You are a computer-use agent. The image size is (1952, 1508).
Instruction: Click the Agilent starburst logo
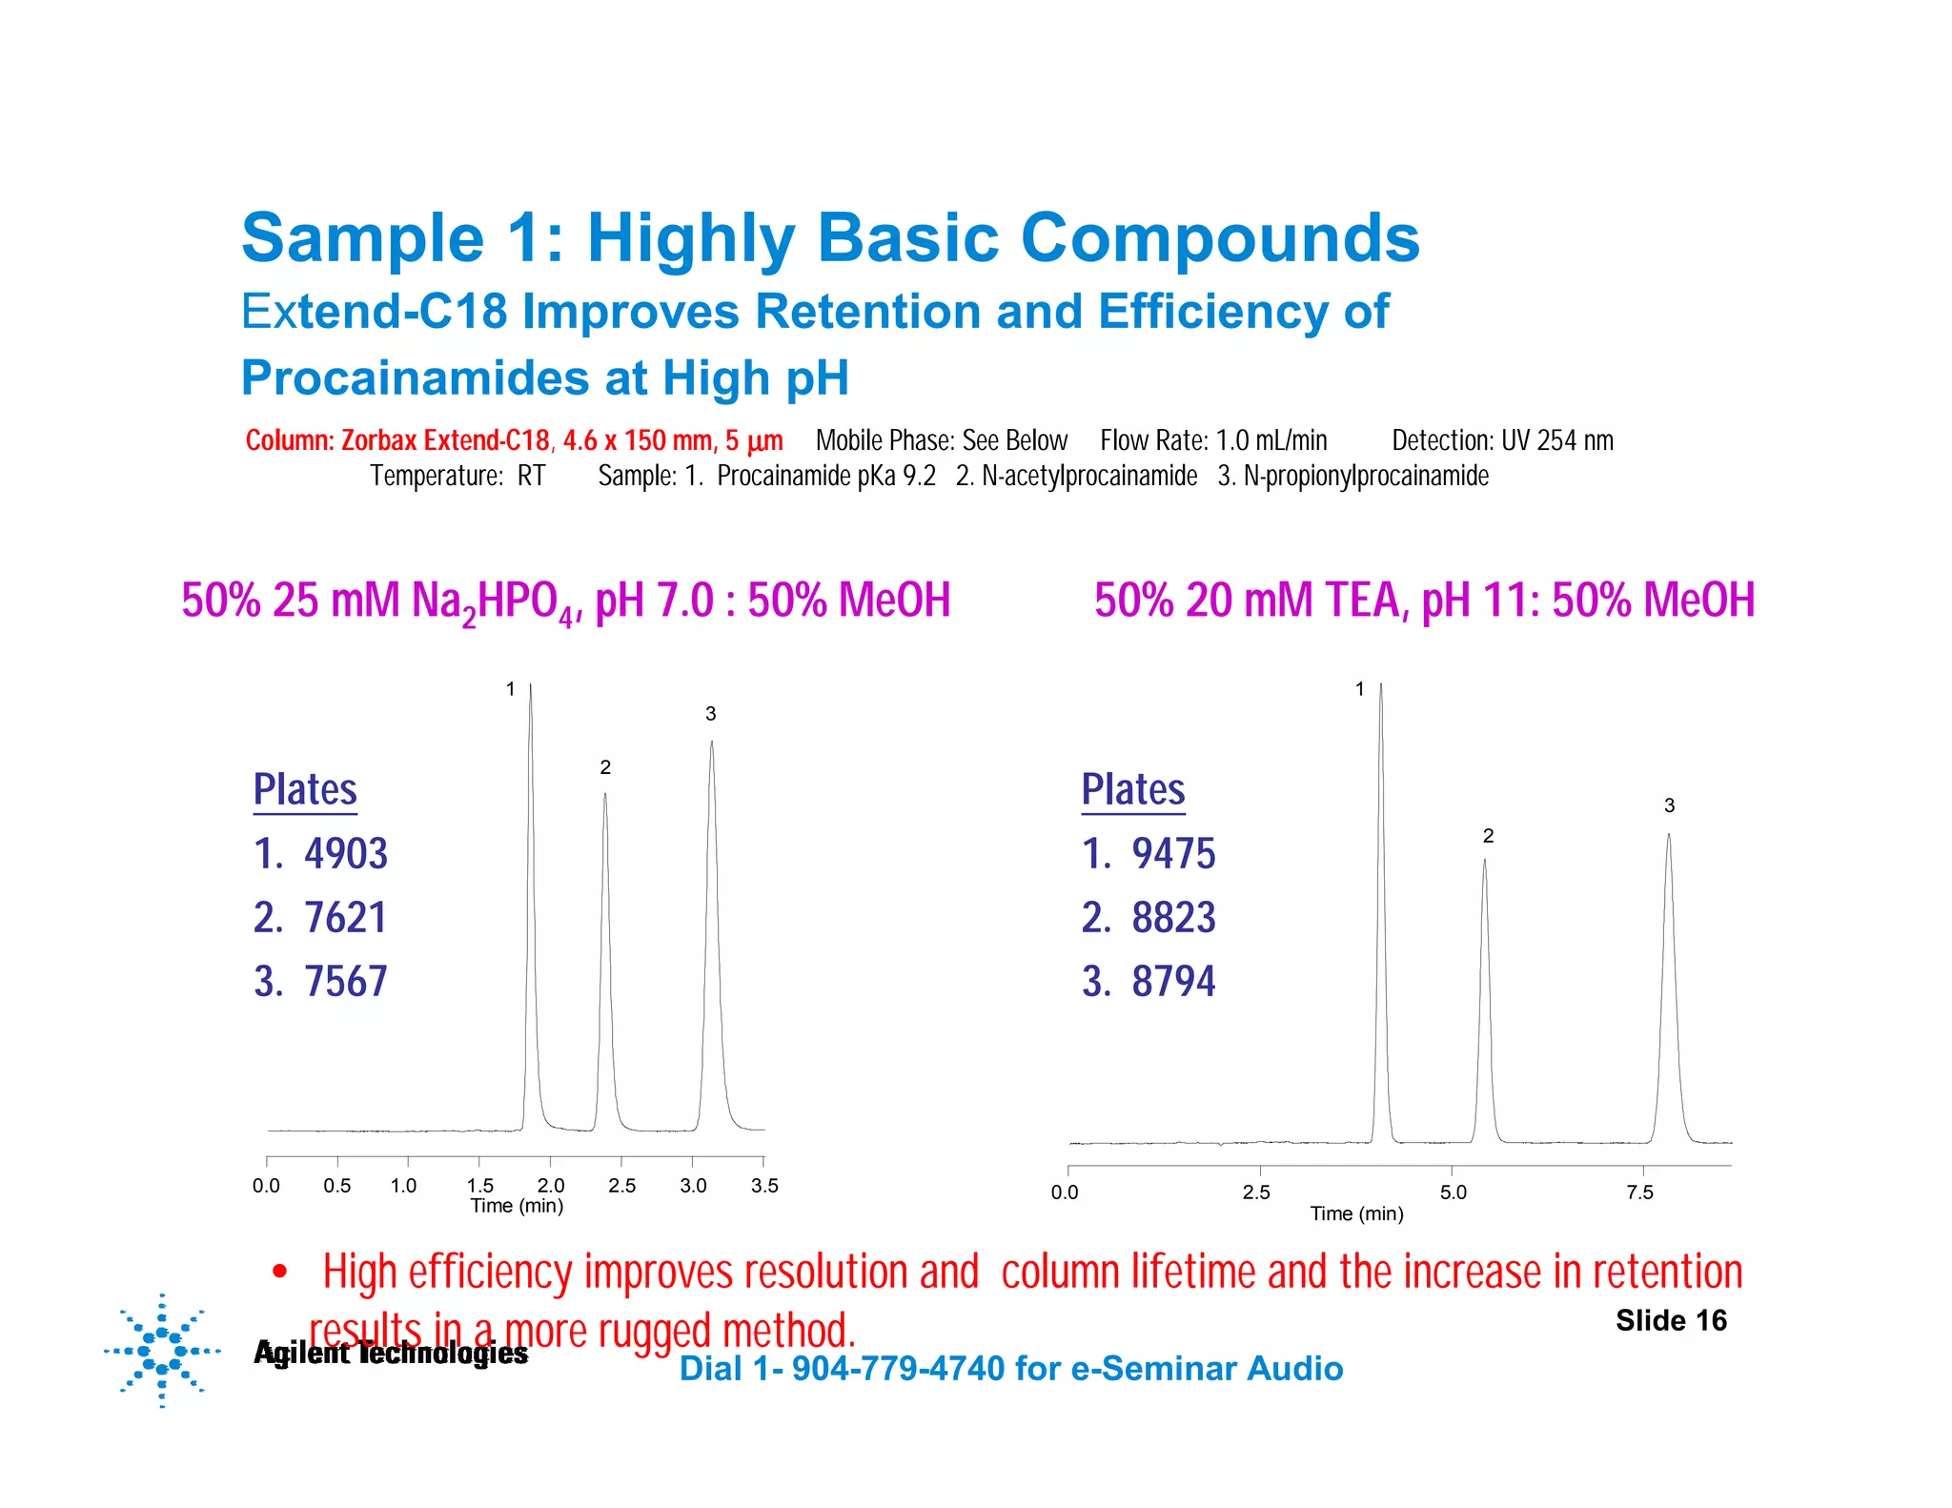162,1350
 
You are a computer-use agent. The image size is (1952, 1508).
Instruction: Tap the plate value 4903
345,853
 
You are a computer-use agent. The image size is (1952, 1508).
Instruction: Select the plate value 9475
1173,853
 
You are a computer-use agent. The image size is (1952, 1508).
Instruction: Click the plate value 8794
1173,981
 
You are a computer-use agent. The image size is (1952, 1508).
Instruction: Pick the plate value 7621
345,917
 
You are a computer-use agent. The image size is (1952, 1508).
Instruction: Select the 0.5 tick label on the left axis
336,1185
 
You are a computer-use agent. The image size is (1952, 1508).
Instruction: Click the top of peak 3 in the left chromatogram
711,744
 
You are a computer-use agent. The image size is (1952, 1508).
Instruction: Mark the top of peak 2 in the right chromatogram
1484,862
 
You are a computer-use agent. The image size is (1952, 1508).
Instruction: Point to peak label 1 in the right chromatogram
1360,688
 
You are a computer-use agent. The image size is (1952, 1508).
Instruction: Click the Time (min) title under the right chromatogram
1356,1213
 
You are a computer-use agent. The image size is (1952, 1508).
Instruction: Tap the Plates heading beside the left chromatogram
305,789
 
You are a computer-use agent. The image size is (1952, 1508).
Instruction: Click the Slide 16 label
1671,1320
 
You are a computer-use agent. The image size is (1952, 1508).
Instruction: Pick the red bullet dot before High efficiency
279,1272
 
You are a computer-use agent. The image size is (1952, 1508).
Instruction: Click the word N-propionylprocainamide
1366,475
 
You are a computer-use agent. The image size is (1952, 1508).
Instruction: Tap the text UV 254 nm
1557,440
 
